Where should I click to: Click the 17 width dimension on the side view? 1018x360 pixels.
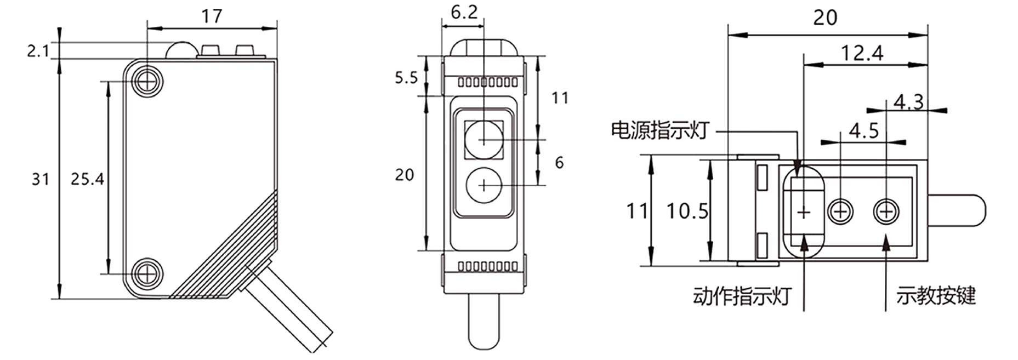click(212, 16)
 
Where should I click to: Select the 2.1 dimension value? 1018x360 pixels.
click(38, 52)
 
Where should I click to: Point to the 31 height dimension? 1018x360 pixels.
click(40, 179)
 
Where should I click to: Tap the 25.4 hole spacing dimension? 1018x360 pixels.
click(87, 179)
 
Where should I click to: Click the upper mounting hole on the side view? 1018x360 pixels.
click(147, 82)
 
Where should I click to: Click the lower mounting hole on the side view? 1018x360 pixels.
click(147, 272)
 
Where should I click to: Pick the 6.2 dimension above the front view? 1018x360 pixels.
click(464, 12)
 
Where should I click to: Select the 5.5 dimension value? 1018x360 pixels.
click(407, 78)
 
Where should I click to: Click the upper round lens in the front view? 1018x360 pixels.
click(484, 140)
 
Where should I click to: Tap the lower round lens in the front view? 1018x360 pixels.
click(484, 185)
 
